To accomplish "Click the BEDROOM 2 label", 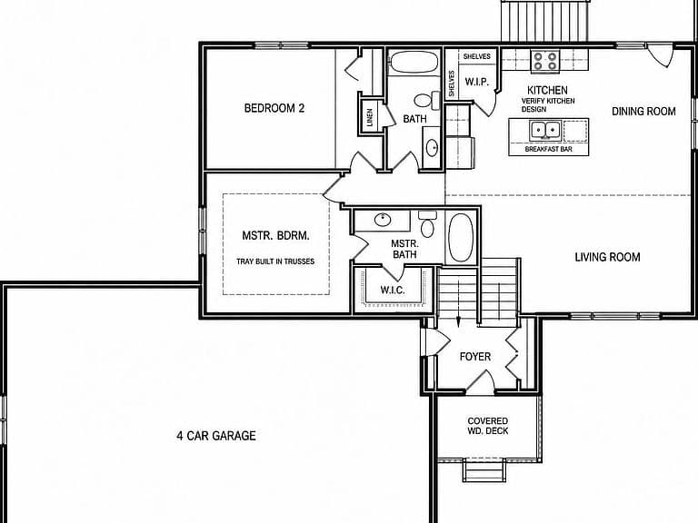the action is [x=274, y=108].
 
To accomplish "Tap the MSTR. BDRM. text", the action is [x=275, y=236].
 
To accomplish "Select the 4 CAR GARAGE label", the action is [x=216, y=436].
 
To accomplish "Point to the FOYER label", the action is [x=475, y=357].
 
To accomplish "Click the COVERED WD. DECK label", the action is [x=488, y=426].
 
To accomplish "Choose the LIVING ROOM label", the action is [x=608, y=257].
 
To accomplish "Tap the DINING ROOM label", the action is [x=643, y=111].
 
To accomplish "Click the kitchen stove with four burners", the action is [x=545, y=61].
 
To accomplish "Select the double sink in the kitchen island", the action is [x=544, y=131].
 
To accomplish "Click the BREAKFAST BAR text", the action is [x=548, y=149].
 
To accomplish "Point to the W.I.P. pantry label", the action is [x=477, y=82].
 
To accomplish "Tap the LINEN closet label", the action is [x=370, y=117].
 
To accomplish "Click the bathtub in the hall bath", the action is [x=414, y=63].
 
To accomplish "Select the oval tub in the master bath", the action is [x=460, y=238].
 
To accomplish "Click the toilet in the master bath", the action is [x=427, y=224].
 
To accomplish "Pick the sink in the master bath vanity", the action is [x=383, y=220].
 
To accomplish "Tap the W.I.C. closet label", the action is [x=393, y=291].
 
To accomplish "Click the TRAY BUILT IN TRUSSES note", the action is [x=275, y=261].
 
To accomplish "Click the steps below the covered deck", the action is [x=484, y=470].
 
